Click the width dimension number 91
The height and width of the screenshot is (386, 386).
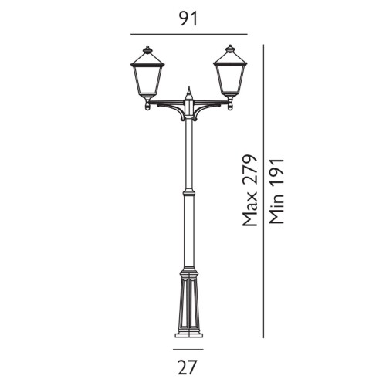[188, 19]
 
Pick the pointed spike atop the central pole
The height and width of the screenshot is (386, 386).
[189, 91]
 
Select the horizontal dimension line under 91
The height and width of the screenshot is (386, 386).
[188, 34]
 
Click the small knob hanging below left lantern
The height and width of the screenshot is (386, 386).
[148, 106]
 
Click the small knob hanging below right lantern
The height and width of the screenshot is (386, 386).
[230, 106]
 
